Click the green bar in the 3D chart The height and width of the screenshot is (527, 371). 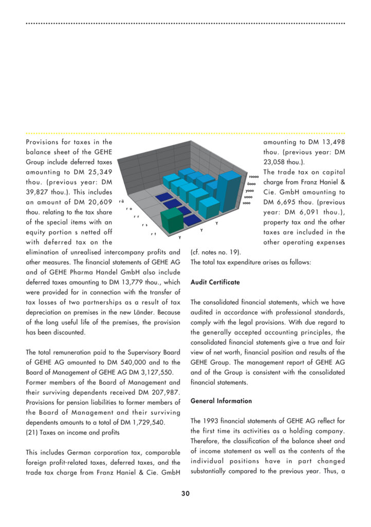(172, 220)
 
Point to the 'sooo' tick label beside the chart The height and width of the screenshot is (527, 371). (247, 203)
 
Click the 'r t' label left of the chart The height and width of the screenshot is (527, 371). (153, 234)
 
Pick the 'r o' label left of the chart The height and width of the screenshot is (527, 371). (129, 208)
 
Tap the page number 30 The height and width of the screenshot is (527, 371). (185, 494)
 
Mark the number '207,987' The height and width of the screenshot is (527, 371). (164, 392)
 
